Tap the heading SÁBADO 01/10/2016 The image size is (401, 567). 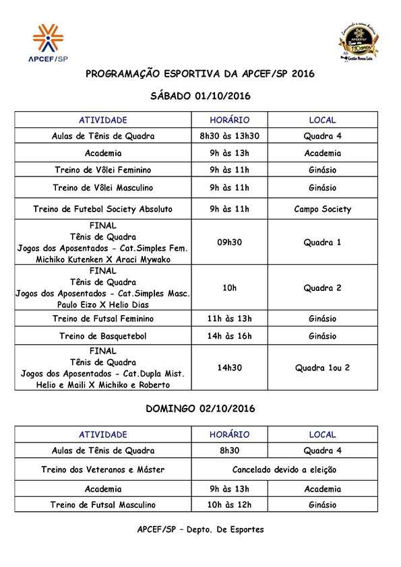coord(200,96)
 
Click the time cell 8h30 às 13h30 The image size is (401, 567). coord(229,136)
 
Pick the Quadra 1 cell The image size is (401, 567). coord(322,242)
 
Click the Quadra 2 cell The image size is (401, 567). coord(322,288)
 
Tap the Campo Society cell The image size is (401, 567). coord(322,209)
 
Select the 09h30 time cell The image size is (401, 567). coord(229,242)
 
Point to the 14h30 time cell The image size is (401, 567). coord(229,368)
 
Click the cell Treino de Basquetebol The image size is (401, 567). coord(103,336)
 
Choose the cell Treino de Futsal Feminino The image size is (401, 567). coord(103,319)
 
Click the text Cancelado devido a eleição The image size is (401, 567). coord(284,470)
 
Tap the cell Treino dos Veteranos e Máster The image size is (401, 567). coord(103,470)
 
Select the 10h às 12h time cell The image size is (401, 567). coord(229,504)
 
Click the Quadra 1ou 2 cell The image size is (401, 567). coord(322,368)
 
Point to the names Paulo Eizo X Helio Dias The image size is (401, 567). coord(103,304)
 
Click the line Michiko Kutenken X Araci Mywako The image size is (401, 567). coord(103,259)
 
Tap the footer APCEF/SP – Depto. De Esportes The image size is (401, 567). coord(200,529)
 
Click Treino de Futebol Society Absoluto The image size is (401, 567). coord(103,209)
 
